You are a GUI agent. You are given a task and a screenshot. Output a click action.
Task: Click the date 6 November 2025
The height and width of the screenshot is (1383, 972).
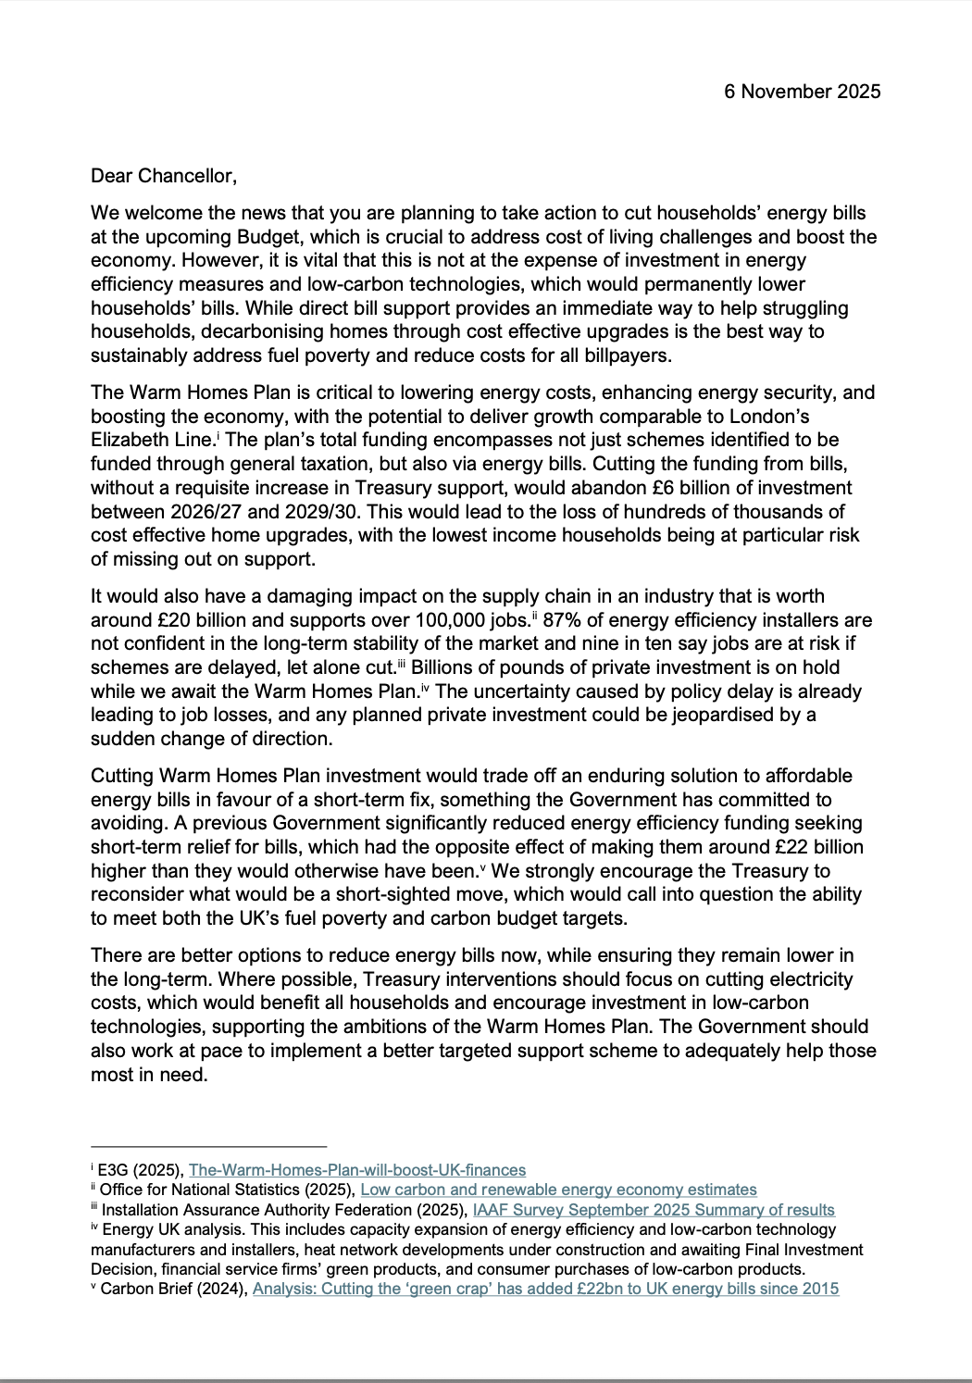(802, 92)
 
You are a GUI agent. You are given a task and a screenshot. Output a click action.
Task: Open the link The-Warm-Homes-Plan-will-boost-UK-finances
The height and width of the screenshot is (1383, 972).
(356, 1170)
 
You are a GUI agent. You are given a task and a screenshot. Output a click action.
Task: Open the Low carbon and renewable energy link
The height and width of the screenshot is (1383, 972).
(557, 1190)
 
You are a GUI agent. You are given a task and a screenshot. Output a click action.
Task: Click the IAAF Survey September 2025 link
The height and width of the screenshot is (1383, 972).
(653, 1210)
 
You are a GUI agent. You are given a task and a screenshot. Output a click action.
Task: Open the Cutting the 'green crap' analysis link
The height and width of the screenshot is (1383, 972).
(545, 1289)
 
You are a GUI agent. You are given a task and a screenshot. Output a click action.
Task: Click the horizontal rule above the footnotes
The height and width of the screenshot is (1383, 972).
(208, 1146)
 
